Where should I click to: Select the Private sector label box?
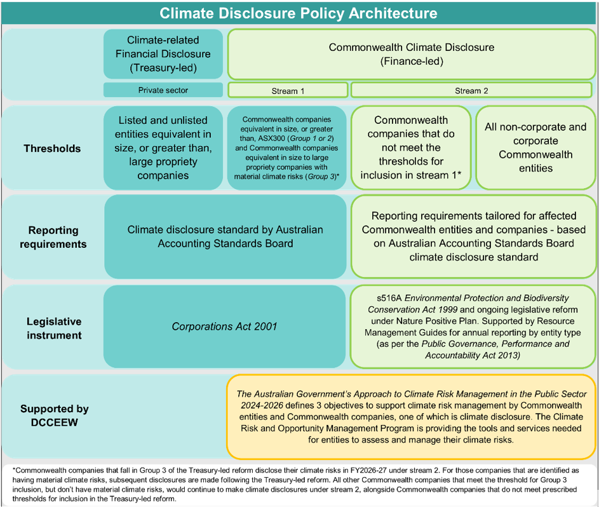163,90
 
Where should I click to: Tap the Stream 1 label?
288,90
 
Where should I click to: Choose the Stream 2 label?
472,90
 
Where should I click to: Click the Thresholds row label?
52,149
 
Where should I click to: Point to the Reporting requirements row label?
53,237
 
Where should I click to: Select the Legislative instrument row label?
54,327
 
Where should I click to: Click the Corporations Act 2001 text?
225,327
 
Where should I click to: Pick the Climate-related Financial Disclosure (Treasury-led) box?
163,54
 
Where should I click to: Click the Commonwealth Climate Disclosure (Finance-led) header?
411,54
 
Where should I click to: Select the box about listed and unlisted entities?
163,147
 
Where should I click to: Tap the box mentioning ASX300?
287,147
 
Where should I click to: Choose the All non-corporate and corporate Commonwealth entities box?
535,147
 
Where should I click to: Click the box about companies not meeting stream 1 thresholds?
411,147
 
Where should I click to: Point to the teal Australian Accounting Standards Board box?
225,236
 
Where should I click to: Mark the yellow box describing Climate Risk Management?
411,417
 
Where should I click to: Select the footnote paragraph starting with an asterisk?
299,484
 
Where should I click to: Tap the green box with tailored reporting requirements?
473,236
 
